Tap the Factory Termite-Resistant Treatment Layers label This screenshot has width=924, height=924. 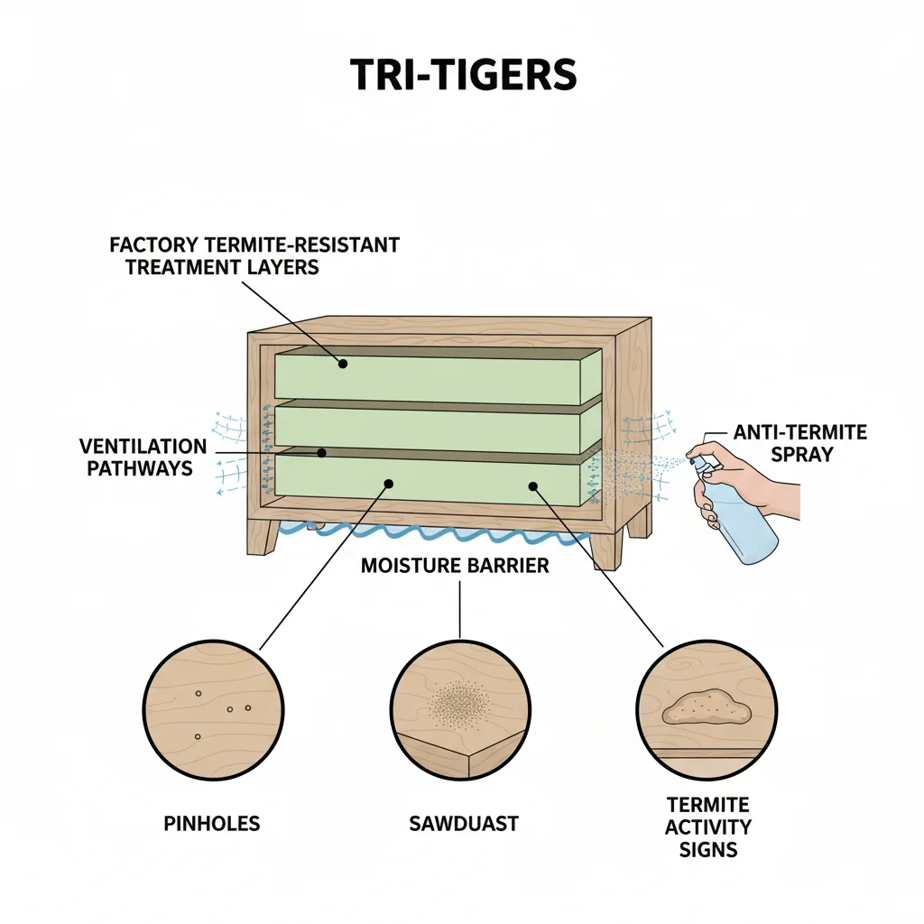(254, 255)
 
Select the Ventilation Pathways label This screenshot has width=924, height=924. (142, 457)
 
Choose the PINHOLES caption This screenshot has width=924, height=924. (213, 823)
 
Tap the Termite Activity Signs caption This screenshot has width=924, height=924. (708, 827)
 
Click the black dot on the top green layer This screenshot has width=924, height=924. (343, 364)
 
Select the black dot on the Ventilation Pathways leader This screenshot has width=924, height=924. (322, 453)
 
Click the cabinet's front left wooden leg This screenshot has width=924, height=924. (264, 539)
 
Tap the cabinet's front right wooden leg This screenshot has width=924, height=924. (606, 550)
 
